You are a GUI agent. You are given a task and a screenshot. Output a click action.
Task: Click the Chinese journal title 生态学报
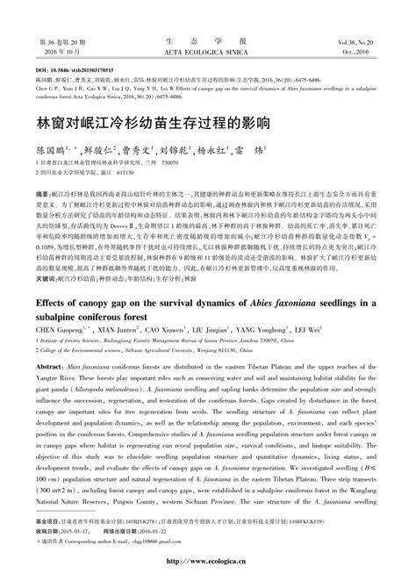point(207,40)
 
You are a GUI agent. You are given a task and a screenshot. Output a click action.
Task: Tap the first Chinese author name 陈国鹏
point(52,150)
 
